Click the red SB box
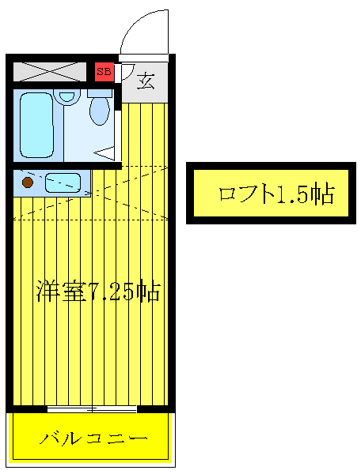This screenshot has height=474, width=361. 104,72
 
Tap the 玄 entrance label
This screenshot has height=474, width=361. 146,81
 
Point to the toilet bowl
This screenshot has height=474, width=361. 99,111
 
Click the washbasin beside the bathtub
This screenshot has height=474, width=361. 68,98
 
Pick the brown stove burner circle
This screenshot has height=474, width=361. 28,183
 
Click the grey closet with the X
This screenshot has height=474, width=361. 50,71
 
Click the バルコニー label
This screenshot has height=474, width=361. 92,437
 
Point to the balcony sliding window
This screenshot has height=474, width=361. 92,408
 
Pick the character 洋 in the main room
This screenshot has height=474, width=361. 44,292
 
